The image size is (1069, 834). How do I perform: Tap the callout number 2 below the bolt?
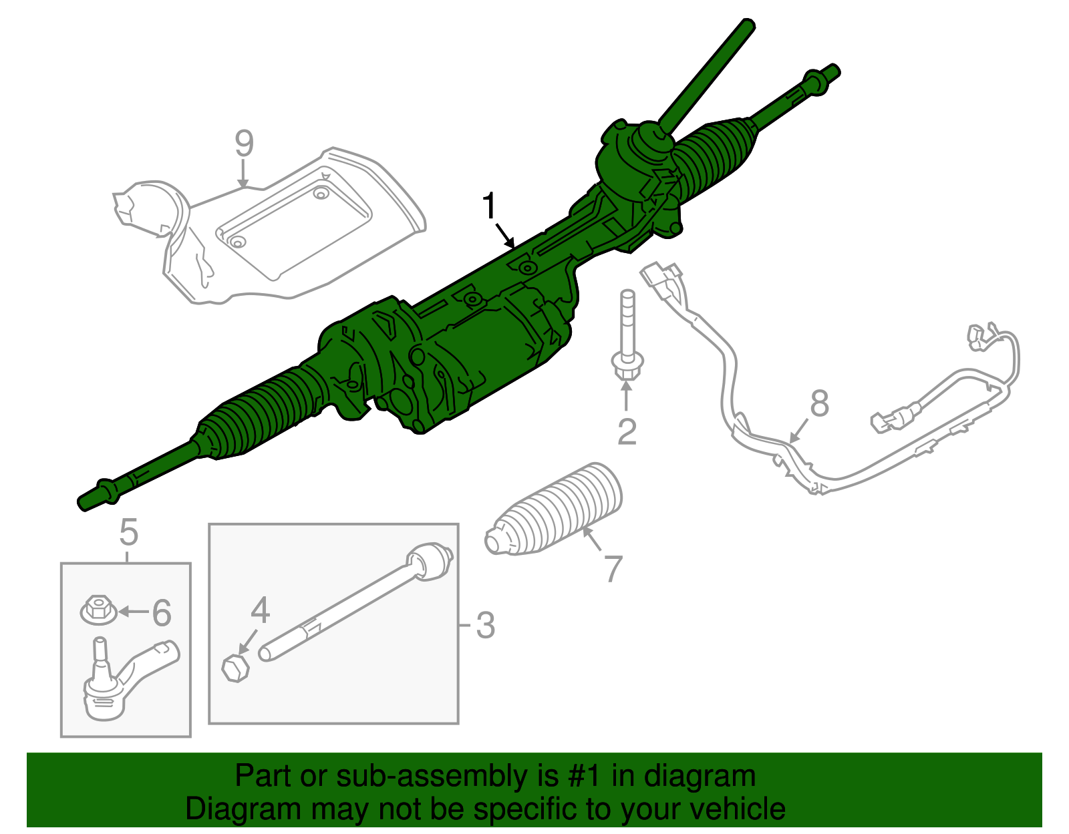(626, 432)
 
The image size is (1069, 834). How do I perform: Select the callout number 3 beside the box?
(486, 626)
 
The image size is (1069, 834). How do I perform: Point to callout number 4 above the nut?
(260, 610)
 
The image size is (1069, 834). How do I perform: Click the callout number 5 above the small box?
(128, 533)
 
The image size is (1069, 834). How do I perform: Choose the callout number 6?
(161, 613)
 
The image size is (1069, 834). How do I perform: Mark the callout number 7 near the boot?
(612, 568)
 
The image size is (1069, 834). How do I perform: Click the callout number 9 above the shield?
(245, 143)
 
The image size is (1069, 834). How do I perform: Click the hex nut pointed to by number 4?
(235, 667)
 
